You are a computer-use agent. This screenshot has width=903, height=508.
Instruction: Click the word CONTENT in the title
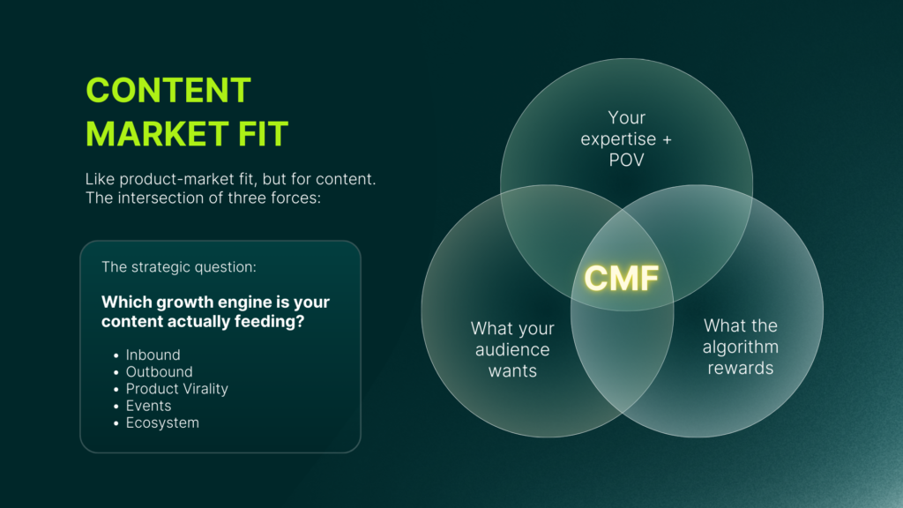point(168,91)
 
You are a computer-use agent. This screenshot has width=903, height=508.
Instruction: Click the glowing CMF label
point(622,279)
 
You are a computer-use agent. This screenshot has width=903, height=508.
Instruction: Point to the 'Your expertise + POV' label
point(626,139)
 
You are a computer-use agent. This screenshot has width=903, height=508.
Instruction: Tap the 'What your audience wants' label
point(512,349)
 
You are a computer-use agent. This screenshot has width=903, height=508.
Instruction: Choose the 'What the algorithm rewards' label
point(741,347)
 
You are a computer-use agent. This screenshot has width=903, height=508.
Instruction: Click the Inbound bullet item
point(153,355)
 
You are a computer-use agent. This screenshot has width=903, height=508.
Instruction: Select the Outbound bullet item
point(159,372)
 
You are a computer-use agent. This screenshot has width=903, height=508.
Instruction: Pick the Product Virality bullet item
point(176,389)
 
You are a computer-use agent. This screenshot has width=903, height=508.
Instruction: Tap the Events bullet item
point(148,406)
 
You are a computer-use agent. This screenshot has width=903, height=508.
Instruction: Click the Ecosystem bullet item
point(162,422)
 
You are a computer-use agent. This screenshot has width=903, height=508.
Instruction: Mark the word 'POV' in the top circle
point(626,161)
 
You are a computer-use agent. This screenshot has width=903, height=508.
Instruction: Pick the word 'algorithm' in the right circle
point(741,347)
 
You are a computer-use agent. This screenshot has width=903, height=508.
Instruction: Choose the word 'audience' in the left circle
point(512,349)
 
